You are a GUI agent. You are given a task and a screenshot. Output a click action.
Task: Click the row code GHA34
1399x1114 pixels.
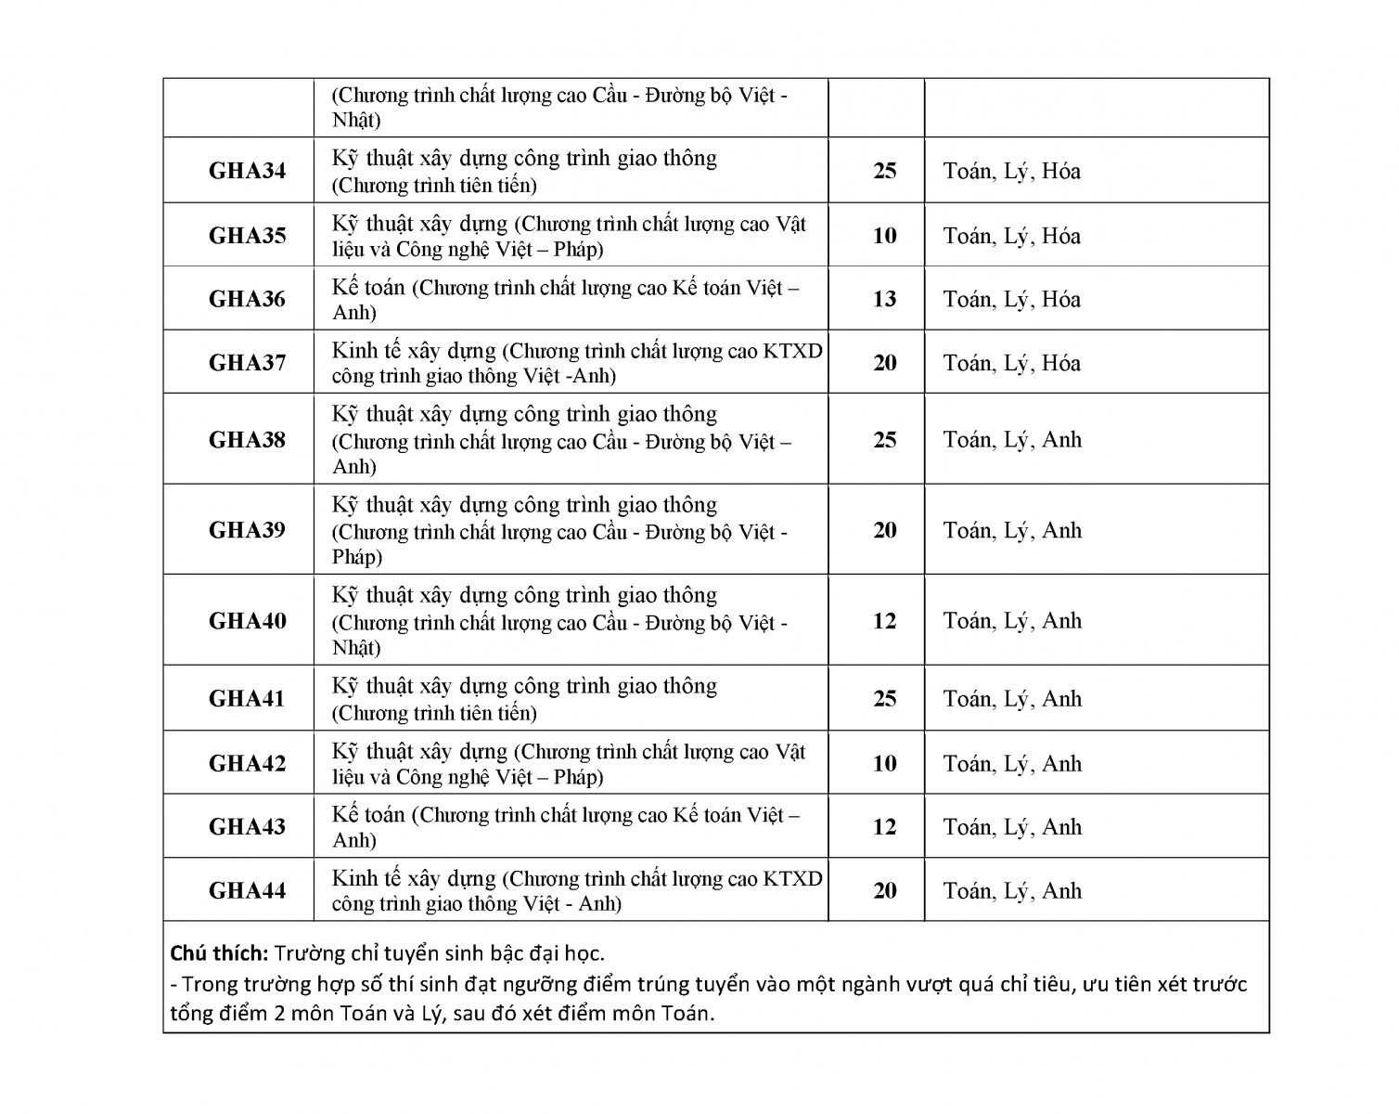(x=247, y=171)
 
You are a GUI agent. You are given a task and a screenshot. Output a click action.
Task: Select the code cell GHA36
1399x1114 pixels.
(x=247, y=299)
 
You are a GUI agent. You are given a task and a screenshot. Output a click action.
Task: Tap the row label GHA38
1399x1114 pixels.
(x=247, y=439)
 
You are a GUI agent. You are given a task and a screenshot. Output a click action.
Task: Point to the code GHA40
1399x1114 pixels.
(x=247, y=620)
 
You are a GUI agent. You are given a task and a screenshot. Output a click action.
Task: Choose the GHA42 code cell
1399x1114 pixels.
(x=247, y=763)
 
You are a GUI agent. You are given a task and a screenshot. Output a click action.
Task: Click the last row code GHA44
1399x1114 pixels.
(x=247, y=890)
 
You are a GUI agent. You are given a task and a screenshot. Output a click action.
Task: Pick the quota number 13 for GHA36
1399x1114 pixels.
(x=884, y=299)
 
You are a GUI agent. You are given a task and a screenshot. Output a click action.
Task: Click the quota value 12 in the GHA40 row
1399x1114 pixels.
(x=884, y=620)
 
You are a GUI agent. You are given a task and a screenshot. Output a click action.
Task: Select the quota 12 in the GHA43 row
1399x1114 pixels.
(x=884, y=826)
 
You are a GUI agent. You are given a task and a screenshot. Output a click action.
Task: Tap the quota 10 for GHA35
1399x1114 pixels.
(x=884, y=236)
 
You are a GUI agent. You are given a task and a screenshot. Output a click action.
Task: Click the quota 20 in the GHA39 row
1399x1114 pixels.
(x=884, y=530)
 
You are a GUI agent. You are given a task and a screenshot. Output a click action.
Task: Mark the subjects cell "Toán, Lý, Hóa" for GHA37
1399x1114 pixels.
(x=1011, y=363)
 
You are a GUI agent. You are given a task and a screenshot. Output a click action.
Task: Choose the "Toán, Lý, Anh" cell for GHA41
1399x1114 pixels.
(x=1012, y=699)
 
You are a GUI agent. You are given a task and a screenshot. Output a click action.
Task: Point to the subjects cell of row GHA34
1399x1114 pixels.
(x=1011, y=171)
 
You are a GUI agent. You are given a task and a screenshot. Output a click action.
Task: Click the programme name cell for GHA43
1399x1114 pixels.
(x=566, y=826)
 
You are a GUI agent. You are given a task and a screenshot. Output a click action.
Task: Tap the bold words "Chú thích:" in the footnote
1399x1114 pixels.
(x=219, y=953)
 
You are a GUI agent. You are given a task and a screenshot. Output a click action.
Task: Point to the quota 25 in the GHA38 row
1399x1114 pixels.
(x=884, y=439)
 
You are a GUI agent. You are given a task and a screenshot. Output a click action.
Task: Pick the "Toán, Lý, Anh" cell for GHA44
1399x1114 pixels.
(x=1012, y=891)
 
